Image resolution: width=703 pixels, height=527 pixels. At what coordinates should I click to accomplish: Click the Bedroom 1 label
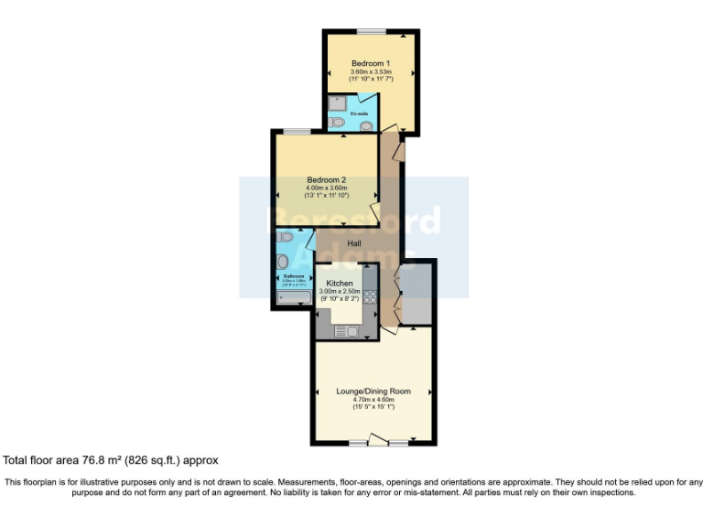click(371, 63)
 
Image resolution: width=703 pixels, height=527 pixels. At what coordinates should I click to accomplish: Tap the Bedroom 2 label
click(326, 179)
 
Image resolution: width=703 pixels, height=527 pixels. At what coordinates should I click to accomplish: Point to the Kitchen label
click(340, 284)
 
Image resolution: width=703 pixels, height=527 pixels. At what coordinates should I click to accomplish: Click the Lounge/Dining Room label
click(373, 391)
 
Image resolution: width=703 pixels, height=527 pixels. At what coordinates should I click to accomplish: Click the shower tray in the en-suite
click(337, 102)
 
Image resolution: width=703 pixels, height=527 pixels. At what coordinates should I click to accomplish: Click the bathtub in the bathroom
click(292, 296)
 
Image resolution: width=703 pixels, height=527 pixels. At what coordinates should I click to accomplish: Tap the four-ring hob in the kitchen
click(371, 296)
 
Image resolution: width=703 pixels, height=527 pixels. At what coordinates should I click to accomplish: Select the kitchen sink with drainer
click(347, 330)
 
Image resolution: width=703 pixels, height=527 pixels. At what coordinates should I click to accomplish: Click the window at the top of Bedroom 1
click(371, 31)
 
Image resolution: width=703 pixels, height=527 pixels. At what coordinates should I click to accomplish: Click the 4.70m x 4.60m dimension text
click(373, 399)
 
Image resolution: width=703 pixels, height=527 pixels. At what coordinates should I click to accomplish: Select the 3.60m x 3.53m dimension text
click(371, 72)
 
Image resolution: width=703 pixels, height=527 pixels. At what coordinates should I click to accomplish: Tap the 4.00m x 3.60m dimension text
click(326, 188)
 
